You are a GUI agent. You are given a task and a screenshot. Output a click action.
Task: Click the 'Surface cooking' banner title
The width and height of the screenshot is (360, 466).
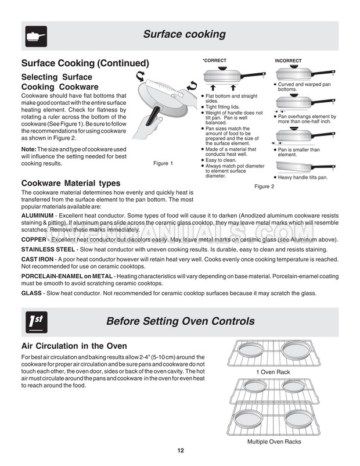pyautogui.click(x=184, y=34)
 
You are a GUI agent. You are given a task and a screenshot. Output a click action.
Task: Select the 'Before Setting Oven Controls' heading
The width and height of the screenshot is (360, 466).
pyautogui.click(x=181, y=321)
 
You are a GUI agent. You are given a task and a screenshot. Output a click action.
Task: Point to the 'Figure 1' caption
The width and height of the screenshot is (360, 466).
pyautogui.click(x=163, y=163)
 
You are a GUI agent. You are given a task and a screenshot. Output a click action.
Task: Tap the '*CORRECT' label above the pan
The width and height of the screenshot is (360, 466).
pyautogui.click(x=214, y=60)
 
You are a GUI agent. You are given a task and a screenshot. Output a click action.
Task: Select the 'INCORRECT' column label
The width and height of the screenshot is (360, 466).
pyautogui.click(x=288, y=60)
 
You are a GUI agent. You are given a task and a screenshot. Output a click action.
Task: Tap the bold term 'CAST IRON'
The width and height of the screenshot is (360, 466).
pyautogui.click(x=38, y=259)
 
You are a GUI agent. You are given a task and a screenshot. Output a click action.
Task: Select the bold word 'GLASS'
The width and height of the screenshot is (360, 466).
pyautogui.click(x=31, y=293)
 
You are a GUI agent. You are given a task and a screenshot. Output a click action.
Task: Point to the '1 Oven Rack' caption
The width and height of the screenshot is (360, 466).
pyautogui.click(x=272, y=372)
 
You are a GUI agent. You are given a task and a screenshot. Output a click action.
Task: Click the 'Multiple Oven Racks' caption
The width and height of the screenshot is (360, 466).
pyautogui.click(x=274, y=442)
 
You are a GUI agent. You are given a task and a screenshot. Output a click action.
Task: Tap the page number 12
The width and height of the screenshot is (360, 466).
pyautogui.click(x=181, y=452)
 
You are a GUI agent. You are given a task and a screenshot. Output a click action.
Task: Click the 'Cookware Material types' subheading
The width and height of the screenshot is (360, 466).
pyautogui.click(x=71, y=184)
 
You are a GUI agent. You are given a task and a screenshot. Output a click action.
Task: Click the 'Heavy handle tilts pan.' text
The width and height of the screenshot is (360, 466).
pyautogui.click(x=303, y=177)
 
